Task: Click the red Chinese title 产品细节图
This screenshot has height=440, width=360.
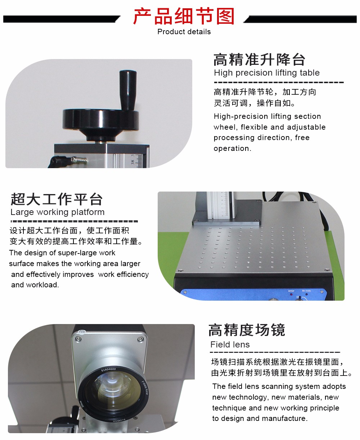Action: pos(184,16)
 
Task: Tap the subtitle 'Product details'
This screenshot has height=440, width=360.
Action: pos(184,32)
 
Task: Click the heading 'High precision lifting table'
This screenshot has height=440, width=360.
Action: pos(266,73)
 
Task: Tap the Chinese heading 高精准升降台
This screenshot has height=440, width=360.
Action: pos(259,60)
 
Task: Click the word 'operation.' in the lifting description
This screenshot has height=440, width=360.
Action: pos(233,148)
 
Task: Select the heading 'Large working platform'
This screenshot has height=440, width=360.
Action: pos(57,212)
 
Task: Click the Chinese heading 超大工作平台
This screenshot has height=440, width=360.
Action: pos(57,199)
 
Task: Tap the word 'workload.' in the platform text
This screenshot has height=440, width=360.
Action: pos(42,285)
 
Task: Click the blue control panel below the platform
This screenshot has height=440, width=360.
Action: pos(253,295)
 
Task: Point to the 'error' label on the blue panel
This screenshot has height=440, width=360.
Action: pos(291,291)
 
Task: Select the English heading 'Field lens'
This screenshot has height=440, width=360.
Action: pos(230,345)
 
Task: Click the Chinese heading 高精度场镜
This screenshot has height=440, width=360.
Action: pos(247,330)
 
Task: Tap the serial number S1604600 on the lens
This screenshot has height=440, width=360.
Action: pos(108,370)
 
